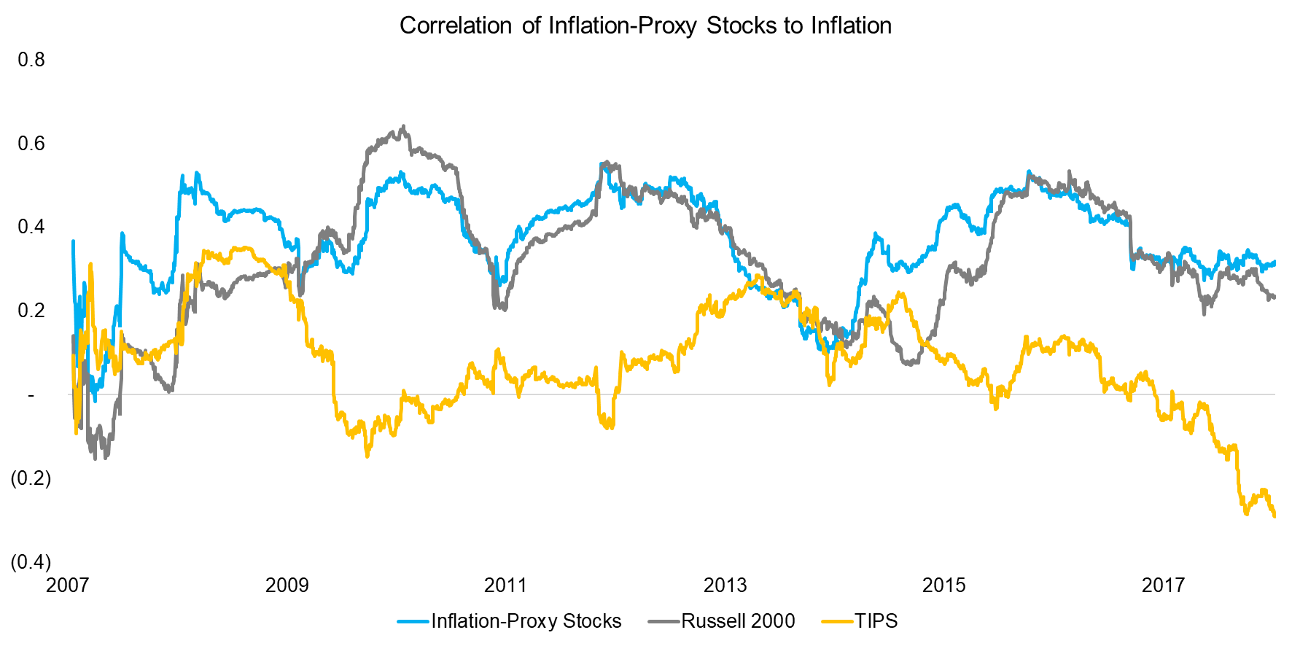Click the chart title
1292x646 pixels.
645,26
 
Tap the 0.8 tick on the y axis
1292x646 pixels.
31,60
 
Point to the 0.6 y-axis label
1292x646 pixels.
31,144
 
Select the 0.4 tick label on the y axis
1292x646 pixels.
31,227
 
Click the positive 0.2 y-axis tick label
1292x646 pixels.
31,311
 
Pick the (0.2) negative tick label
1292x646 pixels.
31,478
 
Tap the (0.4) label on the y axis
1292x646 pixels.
31,562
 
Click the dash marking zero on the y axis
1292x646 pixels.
31,395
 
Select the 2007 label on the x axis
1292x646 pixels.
68,585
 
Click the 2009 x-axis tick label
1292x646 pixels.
287,585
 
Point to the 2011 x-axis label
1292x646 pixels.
505,585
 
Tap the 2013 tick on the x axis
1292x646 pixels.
725,585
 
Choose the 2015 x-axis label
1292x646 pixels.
943,585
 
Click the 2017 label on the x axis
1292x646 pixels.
1163,585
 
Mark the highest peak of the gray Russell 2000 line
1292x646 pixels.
404,126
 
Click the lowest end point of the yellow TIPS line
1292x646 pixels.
1274,516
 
